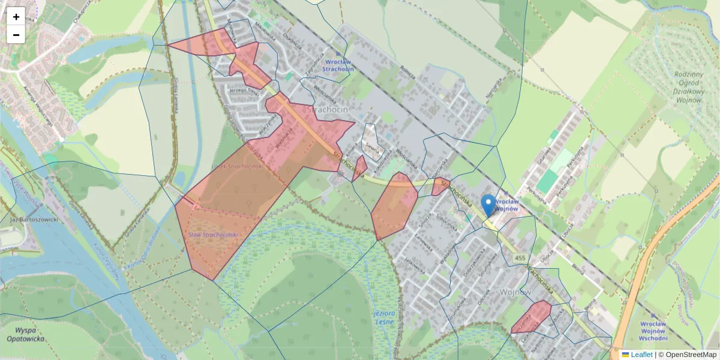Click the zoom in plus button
pos(16,16)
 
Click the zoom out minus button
pos(16,35)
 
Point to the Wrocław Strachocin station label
pos(338,65)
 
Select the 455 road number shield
pos(520,259)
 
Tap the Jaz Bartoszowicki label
pos(34,220)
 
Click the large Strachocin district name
pos(325,110)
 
